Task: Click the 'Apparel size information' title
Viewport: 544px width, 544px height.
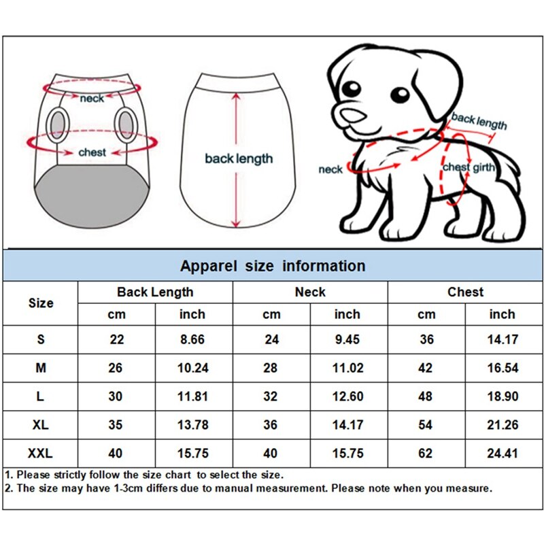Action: pos(272,266)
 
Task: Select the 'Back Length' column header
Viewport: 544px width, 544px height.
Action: pos(155,292)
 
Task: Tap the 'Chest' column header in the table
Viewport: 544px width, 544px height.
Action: pos(465,292)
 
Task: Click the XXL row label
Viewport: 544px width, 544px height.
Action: pos(41,454)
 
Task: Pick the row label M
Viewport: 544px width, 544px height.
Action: pos(41,368)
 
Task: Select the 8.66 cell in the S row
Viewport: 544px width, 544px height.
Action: pos(192,339)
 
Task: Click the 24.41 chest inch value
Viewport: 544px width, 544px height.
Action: pos(503,454)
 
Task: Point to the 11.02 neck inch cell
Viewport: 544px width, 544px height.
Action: pos(347,368)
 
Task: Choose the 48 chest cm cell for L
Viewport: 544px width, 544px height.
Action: pos(426,396)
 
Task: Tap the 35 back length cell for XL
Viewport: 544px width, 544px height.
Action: pos(117,425)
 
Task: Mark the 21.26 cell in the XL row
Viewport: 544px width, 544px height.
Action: pos(503,425)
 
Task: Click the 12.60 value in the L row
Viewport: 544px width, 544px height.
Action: pos(347,396)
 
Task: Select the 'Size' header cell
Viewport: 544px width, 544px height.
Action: pos(41,303)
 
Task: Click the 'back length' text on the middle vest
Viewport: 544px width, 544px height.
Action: pos(239,159)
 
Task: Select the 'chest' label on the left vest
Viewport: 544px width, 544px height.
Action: pos(92,153)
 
